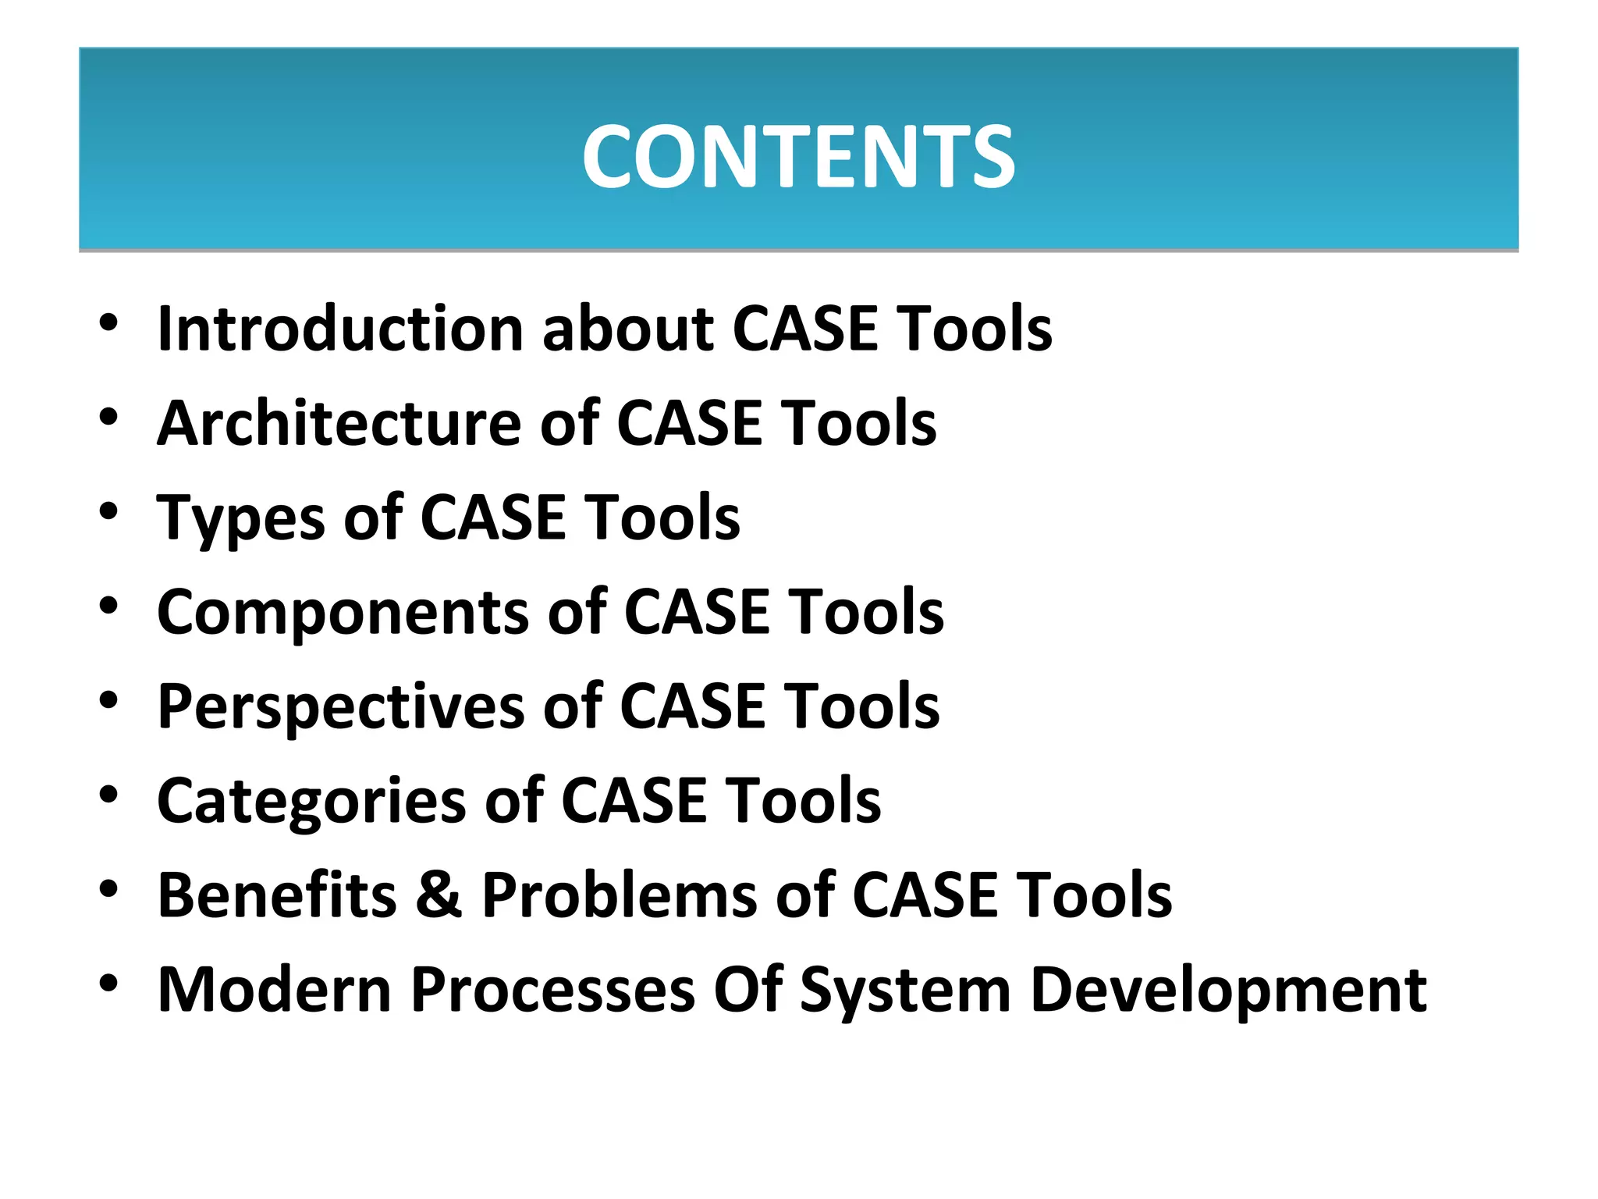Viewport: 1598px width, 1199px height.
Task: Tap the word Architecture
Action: click(x=339, y=423)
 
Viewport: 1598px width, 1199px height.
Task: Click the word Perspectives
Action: click(x=340, y=707)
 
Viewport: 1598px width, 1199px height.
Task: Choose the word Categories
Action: click(x=311, y=802)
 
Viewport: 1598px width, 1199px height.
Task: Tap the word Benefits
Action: click(x=277, y=895)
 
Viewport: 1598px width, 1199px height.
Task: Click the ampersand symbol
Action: click(x=439, y=895)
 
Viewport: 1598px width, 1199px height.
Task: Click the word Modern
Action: click(x=274, y=990)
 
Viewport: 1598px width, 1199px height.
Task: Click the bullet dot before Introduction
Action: click(x=108, y=322)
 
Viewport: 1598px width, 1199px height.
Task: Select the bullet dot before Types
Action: click(x=108, y=511)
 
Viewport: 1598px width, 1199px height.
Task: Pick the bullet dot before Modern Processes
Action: click(x=108, y=984)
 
